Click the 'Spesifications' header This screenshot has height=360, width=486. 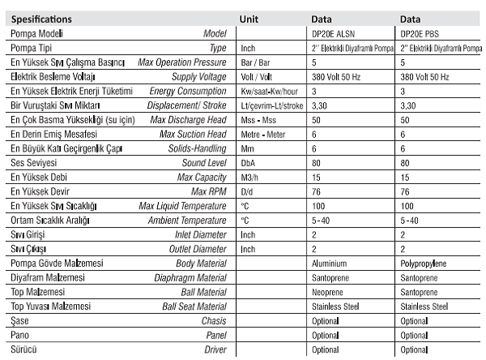(41, 18)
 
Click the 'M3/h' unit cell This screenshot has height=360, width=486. (251, 177)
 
